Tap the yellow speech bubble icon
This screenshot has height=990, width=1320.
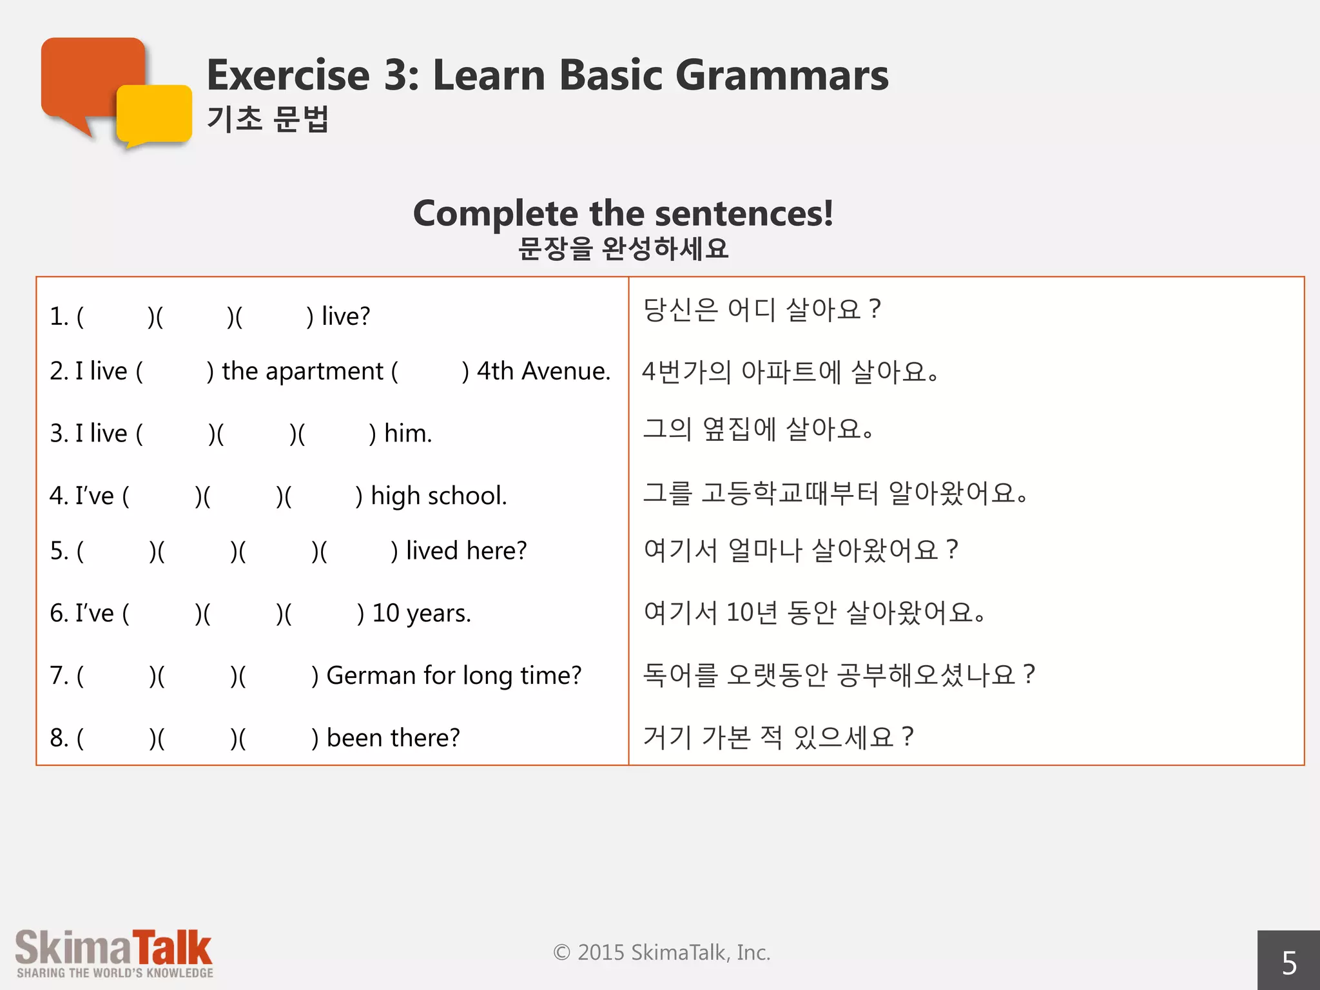coord(155,115)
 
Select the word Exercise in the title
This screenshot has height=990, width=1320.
coord(288,75)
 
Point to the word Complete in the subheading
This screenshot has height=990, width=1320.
coord(496,213)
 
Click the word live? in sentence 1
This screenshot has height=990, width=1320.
coord(345,316)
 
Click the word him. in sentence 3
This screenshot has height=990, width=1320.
coord(408,433)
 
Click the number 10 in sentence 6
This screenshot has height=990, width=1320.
coord(385,613)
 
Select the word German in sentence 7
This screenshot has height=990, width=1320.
coord(371,675)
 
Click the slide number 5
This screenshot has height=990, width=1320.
coord(1288,963)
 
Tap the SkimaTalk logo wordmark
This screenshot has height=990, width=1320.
coord(113,947)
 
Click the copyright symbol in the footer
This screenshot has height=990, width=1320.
coord(561,953)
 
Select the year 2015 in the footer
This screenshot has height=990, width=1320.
coord(601,953)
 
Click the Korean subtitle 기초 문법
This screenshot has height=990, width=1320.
coord(267,119)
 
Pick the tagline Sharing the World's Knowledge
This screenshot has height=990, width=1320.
coord(115,973)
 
